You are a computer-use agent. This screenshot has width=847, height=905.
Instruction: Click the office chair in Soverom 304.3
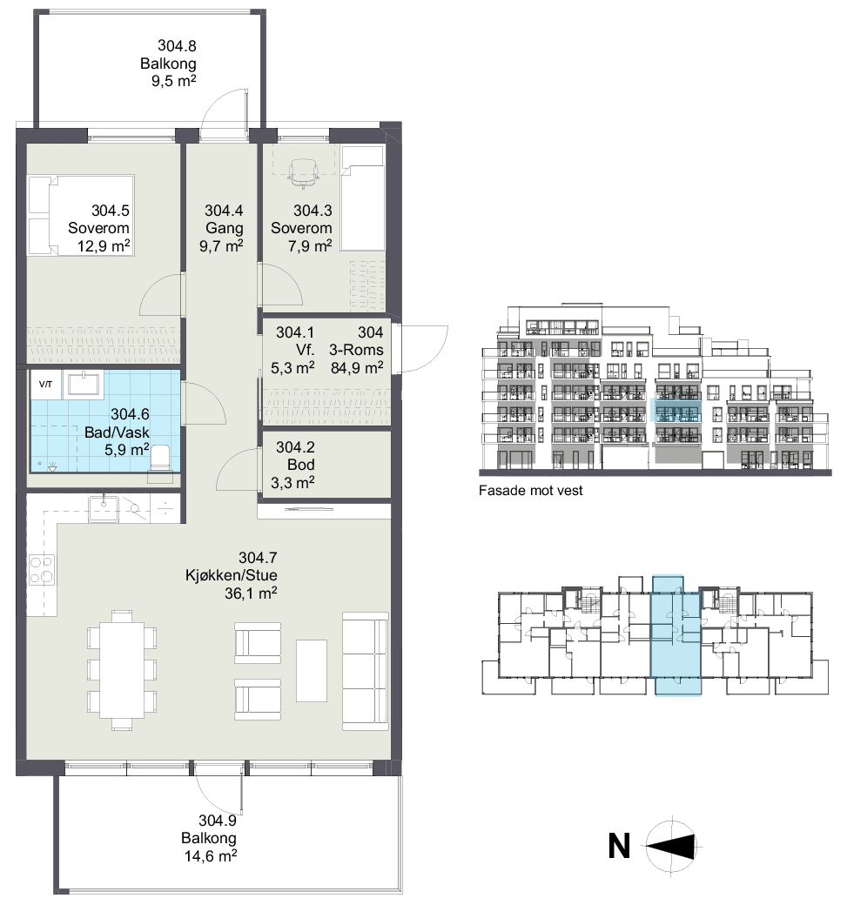[x=303, y=173]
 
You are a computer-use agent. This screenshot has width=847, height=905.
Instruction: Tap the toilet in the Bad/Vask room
[x=159, y=458]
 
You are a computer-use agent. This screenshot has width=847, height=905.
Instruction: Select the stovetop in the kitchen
[x=42, y=570]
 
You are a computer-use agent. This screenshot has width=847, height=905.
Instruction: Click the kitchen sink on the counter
[x=104, y=509]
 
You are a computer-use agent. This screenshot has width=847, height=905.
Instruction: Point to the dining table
[x=121, y=669]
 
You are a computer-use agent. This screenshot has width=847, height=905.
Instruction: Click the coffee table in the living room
[x=312, y=670]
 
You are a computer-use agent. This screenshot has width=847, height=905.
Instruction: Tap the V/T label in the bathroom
[x=45, y=384]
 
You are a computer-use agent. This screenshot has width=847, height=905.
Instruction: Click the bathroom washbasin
[x=84, y=385]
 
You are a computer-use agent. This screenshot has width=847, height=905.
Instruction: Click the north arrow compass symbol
[x=673, y=846]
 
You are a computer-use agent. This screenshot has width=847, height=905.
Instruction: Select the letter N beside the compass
[x=619, y=846]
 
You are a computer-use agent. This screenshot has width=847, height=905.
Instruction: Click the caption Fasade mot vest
[x=531, y=491]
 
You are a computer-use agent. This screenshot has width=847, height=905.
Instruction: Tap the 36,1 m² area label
[x=251, y=593]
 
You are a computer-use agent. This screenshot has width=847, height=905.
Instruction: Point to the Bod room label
[x=301, y=465]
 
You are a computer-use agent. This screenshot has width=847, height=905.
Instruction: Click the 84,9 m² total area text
[x=357, y=367]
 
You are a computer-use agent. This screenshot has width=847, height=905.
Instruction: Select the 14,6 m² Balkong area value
[x=211, y=855]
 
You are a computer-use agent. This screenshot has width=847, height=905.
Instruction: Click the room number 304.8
[x=177, y=45]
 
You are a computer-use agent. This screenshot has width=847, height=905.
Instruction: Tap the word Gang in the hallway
[x=224, y=229]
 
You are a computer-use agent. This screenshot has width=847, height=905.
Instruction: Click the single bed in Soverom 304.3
[x=363, y=198]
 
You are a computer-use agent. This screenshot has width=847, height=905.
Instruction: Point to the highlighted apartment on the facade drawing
[x=676, y=410]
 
